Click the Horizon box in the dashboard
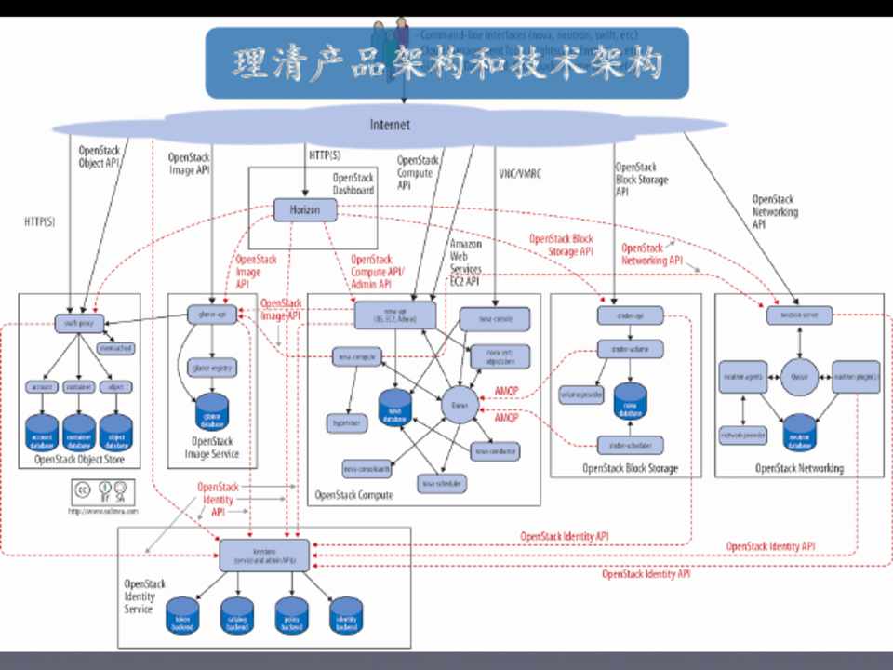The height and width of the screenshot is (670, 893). click(x=304, y=210)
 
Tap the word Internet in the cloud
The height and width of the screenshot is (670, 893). click(x=390, y=126)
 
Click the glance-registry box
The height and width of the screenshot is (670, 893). click(x=213, y=367)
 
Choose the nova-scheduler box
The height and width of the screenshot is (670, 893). click(x=442, y=484)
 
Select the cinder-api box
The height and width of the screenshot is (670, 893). click(x=629, y=317)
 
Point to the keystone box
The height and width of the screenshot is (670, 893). click(x=263, y=555)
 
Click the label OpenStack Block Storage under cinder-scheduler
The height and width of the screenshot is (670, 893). click(x=630, y=468)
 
